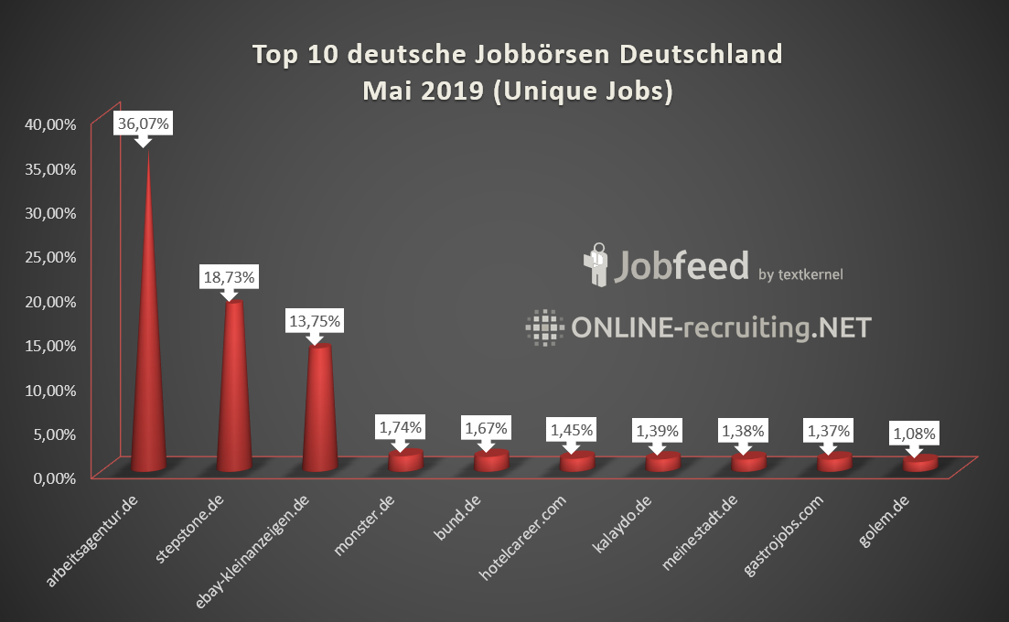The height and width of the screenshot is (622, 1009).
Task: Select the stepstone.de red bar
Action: point(234,393)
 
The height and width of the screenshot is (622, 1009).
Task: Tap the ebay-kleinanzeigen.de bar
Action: point(318,412)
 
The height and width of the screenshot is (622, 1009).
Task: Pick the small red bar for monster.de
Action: point(404,460)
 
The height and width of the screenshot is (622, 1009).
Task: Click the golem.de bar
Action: point(920,464)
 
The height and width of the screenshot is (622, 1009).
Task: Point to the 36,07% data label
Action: point(143,124)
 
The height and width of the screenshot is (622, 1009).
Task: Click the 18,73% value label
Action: point(229,276)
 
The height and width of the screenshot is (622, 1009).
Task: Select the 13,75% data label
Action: point(314,321)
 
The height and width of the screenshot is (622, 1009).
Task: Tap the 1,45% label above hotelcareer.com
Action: point(571,428)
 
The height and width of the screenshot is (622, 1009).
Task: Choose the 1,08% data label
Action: point(915,434)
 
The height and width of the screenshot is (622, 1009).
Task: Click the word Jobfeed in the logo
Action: point(681,265)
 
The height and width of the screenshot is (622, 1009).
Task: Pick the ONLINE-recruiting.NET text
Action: point(721,327)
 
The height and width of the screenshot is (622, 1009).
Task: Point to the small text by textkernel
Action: point(800,273)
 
